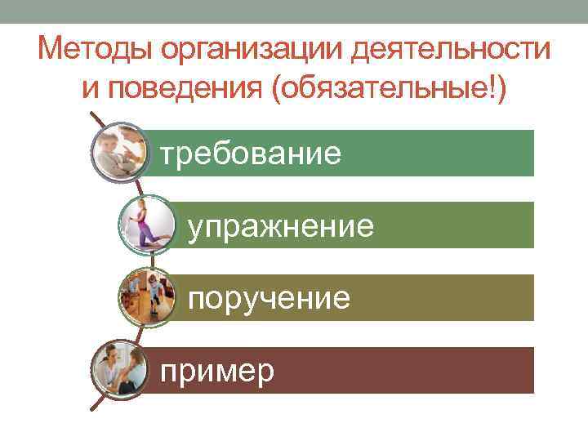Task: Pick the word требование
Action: (251, 153)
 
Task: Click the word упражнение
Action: (281, 225)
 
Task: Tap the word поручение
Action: (269, 299)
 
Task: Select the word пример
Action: (217, 372)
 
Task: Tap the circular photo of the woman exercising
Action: (148, 224)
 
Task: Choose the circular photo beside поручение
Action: (148, 297)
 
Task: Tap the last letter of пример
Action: (266, 375)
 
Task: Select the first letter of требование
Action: (167, 153)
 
